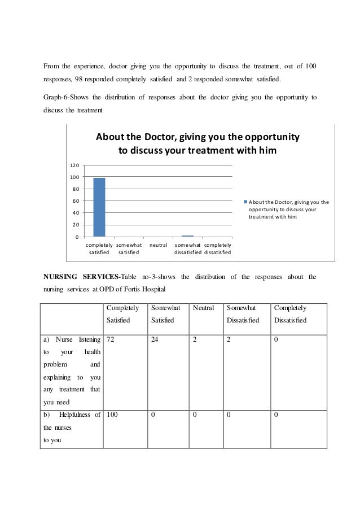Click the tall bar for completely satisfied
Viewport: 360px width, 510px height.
coord(99,207)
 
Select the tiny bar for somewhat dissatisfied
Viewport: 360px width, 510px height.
coord(187,236)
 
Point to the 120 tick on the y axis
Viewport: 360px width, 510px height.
coord(74,165)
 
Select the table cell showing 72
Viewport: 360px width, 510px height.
coord(111,340)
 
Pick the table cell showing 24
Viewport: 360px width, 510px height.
coord(155,340)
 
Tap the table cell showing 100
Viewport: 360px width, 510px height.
coord(112,415)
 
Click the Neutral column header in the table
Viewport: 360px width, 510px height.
coord(203,308)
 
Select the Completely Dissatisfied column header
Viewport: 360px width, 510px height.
coord(290,314)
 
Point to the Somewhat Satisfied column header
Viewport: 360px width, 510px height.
coord(165,314)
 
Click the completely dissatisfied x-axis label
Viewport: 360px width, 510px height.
coord(217,249)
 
